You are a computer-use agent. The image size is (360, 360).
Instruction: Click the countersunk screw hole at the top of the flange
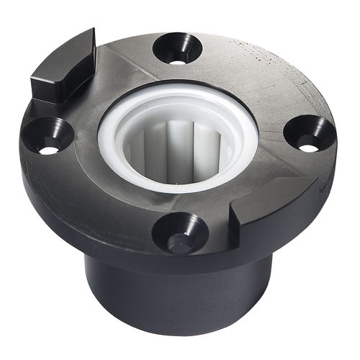177,49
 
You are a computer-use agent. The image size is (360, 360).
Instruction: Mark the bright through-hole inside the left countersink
48,150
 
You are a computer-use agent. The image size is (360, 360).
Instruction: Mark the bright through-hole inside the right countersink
308,148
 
